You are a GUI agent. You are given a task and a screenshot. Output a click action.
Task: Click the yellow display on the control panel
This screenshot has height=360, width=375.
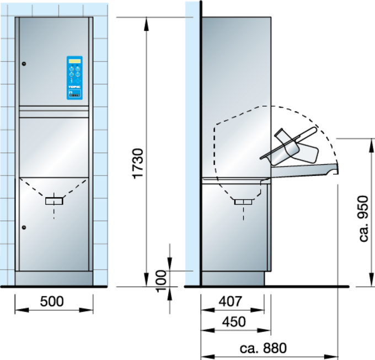click(74, 61)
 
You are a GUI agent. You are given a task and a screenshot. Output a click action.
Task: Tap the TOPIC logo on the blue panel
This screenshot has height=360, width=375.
click(74, 87)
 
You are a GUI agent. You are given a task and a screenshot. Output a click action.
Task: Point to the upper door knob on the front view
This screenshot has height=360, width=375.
click(24, 65)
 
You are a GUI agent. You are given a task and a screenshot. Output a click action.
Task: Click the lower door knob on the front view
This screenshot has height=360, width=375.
click(24, 227)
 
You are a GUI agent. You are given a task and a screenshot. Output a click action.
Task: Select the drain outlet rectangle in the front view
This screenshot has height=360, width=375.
click(54, 201)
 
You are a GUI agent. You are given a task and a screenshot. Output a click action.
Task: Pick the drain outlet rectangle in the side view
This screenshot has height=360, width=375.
click(243, 202)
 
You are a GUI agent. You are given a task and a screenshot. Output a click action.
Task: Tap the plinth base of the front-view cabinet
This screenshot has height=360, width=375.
click(53, 278)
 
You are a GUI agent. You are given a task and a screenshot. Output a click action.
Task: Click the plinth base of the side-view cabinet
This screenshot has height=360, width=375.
click(232, 278)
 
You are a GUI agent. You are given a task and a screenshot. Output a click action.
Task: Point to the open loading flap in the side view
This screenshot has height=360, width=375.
click(303, 170)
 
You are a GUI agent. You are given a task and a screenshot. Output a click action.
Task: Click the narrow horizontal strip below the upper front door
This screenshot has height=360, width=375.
click(53, 114)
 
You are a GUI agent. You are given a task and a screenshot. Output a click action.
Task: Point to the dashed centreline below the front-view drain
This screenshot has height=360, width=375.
click(54, 212)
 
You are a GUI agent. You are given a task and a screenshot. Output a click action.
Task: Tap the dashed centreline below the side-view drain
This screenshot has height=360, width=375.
click(243, 213)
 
